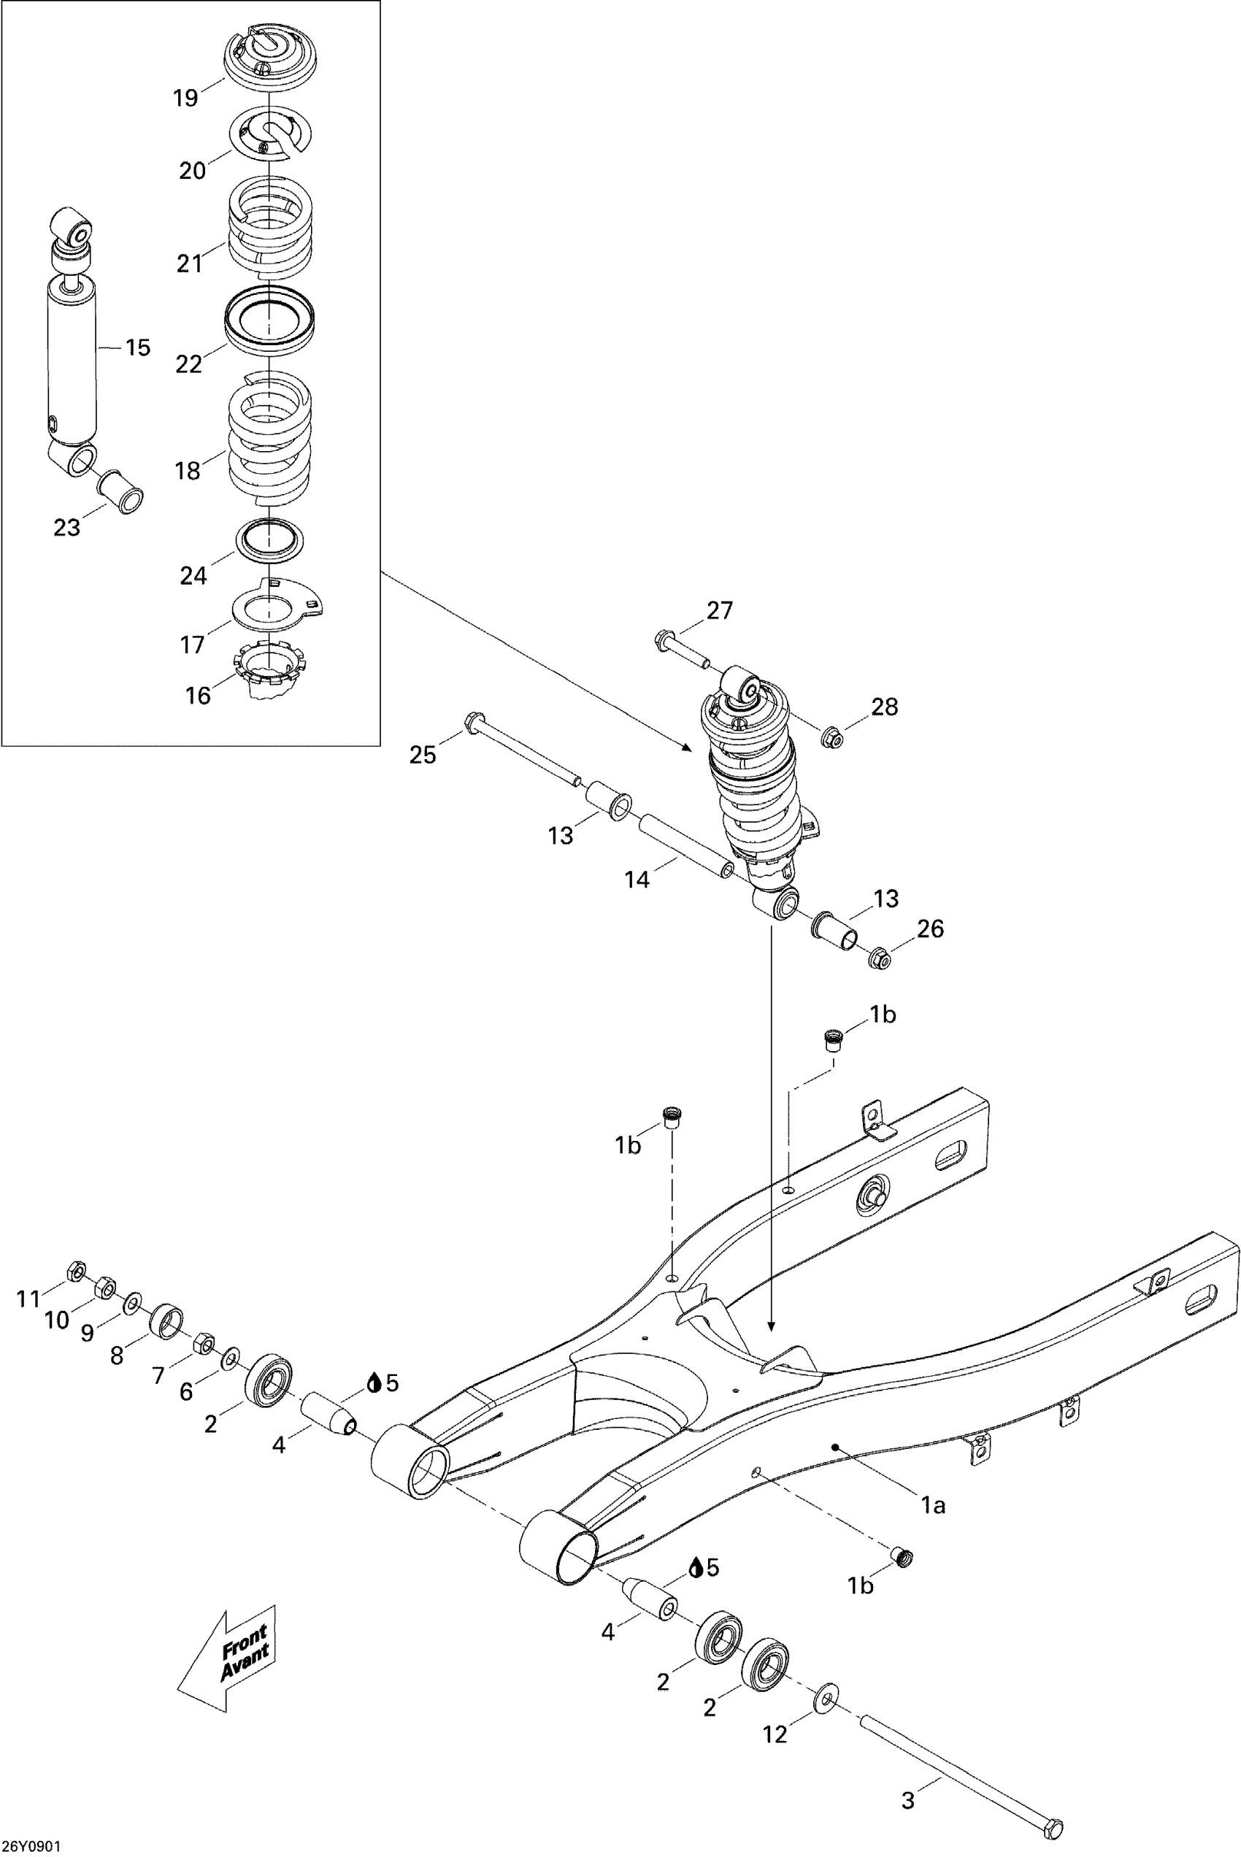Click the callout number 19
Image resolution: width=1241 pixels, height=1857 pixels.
pyautogui.click(x=185, y=98)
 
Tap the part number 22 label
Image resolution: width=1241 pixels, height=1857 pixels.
pyautogui.click(x=189, y=364)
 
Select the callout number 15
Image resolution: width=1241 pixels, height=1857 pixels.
pyautogui.click(x=138, y=347)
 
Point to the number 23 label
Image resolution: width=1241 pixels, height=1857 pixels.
pyautogui.click(x=66, y=527)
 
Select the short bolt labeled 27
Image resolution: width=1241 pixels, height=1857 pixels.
pyautogui.click(x=683, y=650)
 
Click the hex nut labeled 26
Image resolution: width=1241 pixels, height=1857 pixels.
pyautogui.click(x=880, y=959)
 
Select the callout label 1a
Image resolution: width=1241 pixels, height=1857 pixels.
pyautogui.click(x=933, y=1505)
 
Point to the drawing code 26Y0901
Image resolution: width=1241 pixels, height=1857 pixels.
pyautogui.click(x=31, y=1845)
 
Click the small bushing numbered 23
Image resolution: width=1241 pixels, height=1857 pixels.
pyautogui.click(x=120, y=491)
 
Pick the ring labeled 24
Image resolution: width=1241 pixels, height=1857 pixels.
pyautogui.click(x=270, y=541)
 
